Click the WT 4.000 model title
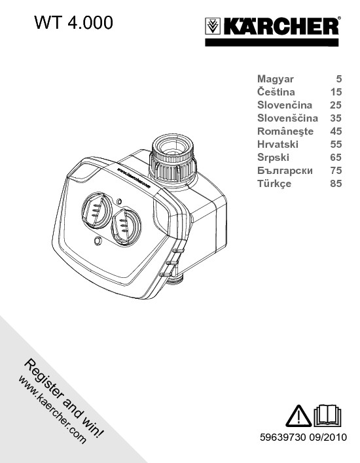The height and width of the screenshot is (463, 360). pyautogui.click(x=73, y=22)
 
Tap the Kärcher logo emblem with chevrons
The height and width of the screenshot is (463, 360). pyautogui.click(x=213, y=26)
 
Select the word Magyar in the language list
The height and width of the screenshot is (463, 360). pyautogui.click(x=276, y=79)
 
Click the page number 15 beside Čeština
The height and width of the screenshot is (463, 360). pyautogui.click(x=336, y=92)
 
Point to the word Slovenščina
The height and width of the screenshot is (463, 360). pyautogui.click(x=287, y=118)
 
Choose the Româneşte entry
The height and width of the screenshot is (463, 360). pyautogui.click(x=285, y=131)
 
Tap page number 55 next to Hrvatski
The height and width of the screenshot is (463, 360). pyautogui.click(x=336, y=145)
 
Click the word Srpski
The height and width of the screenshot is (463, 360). pyautogui.click(x=273, y=158)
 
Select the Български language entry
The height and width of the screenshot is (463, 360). pyautogui.click(x=285, y=171)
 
